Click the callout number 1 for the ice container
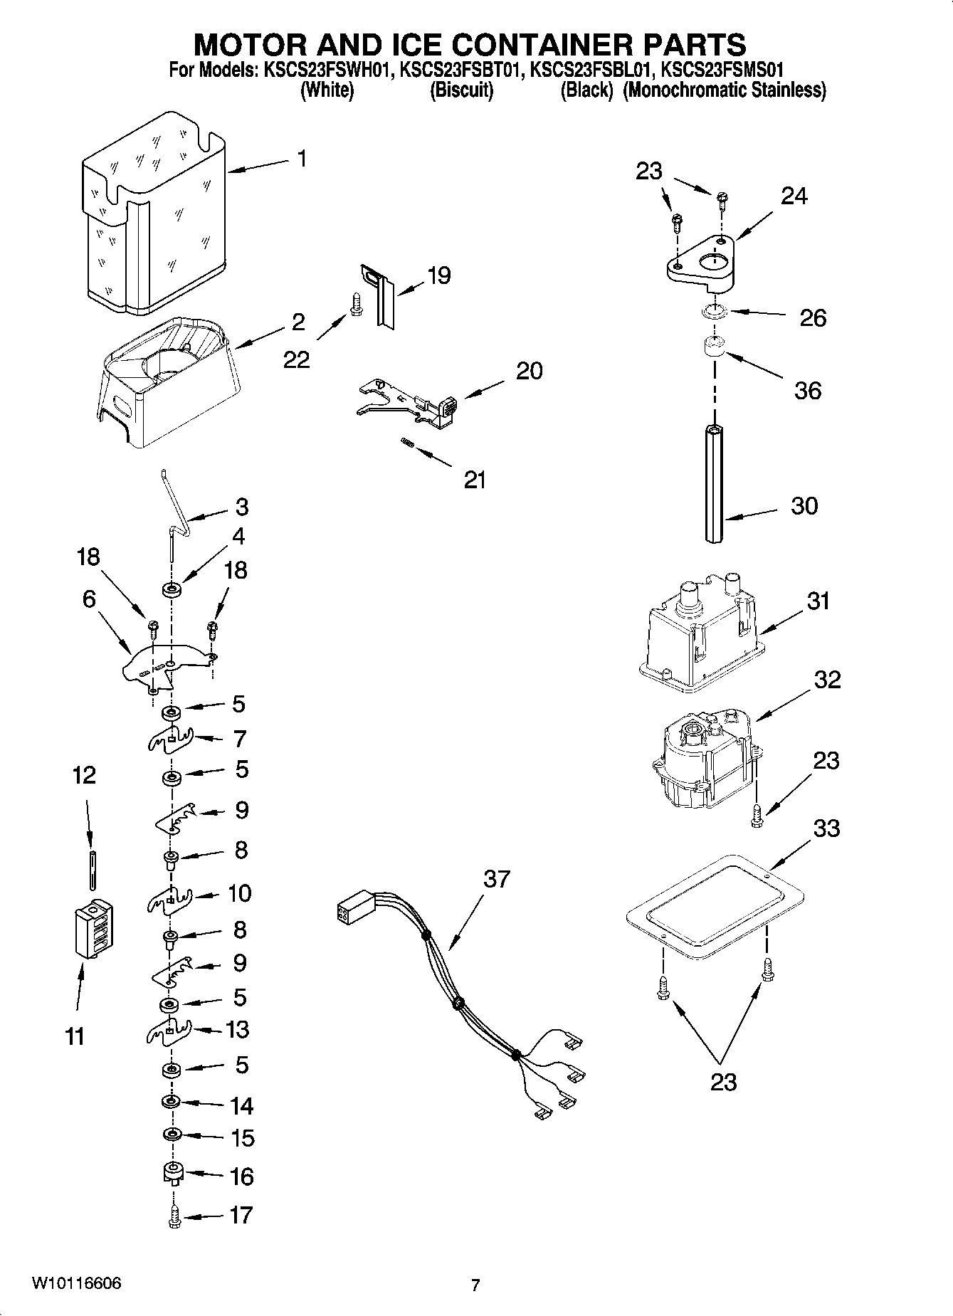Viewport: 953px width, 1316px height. tap(302, 158)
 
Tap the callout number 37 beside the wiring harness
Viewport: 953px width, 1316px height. tap(497, 878)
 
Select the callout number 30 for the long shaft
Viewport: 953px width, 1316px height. tap(804, 506)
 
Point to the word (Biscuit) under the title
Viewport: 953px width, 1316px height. tap(461, 90)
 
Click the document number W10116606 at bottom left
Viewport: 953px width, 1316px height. tap(77, 1283)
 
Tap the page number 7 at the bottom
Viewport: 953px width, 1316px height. tap(475, 1285)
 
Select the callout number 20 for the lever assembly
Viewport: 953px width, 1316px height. tap(529, 370)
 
